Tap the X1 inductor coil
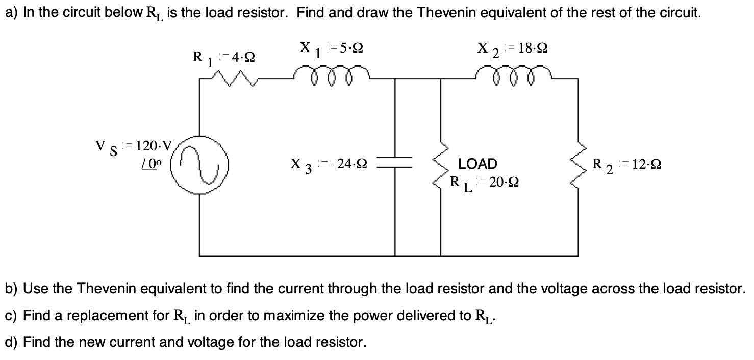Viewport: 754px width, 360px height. pos(332,74)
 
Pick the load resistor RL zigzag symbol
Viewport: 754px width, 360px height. pos(440,165)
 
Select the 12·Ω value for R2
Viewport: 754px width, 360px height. pos(646,164)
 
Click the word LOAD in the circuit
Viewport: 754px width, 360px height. pos(477,164)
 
